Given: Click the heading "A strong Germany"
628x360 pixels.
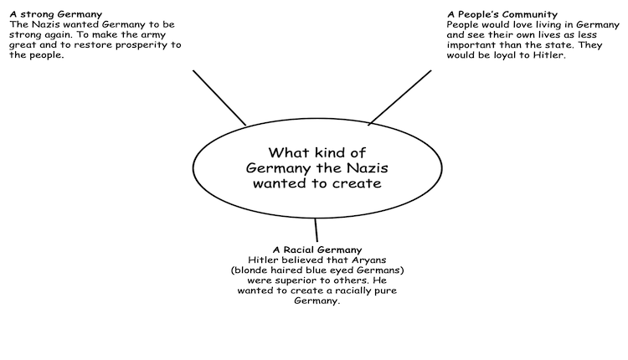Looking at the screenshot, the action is (x=55, y=14).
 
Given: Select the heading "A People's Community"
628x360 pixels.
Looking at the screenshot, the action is (x=502, y=14).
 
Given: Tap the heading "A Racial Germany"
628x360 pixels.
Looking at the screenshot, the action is (x=317, y=249).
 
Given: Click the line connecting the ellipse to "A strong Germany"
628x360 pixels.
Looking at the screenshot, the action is (x=219, y=98).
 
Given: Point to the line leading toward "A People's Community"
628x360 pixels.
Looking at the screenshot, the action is (x=399, y=98).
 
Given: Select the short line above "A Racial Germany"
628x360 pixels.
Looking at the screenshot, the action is (x=317, y=230).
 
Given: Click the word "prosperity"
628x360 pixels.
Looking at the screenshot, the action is (x=137, y=45).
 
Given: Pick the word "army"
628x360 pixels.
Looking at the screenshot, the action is (x=153, y=35).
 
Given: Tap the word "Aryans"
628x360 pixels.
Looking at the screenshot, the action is (x=369, y=260).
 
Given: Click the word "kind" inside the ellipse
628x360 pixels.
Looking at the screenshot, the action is (x=331, y=152).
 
